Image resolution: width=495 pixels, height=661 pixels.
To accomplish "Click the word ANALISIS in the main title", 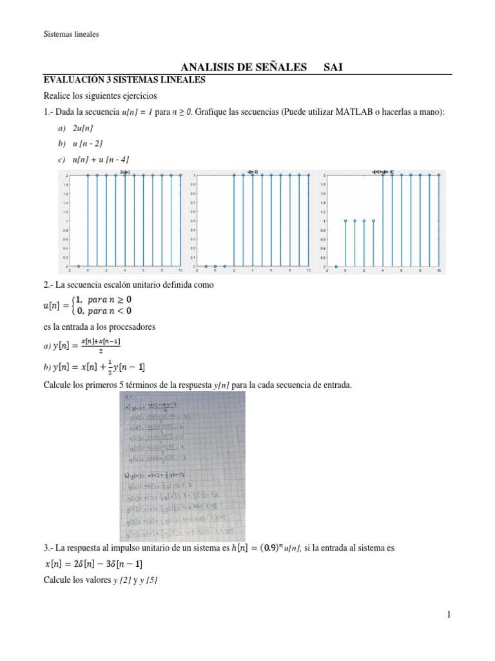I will [203, 67].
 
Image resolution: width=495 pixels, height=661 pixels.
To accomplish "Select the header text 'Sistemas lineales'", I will [71, 34].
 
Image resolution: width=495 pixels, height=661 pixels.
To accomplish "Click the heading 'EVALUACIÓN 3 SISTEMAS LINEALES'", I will [124, 80].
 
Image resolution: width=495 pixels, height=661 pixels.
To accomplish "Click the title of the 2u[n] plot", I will [125, 172].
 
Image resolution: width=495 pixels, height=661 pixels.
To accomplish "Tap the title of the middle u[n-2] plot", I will [253, 172].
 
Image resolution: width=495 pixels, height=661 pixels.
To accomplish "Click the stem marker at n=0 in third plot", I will [345, 221].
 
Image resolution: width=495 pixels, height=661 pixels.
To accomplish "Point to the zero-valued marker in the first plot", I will [79, 266].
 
